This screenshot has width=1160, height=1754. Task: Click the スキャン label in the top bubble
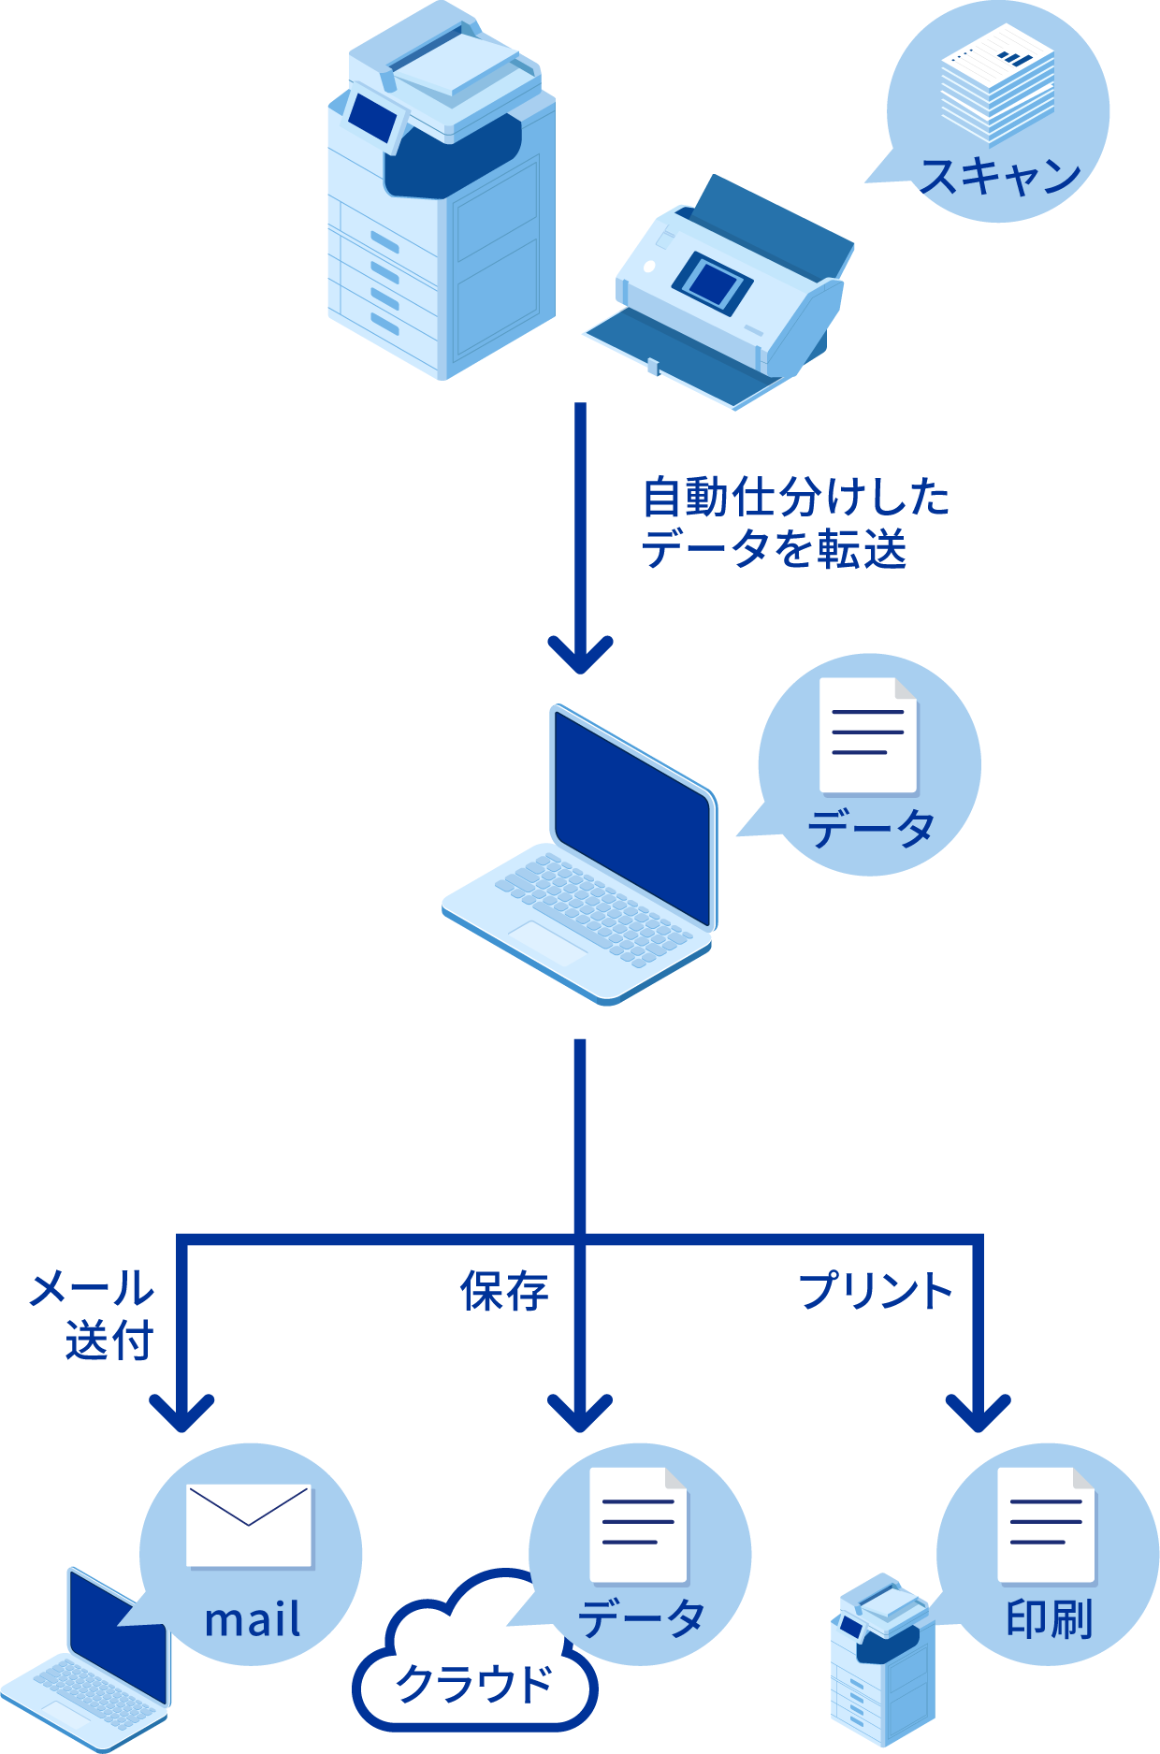click(999, 176)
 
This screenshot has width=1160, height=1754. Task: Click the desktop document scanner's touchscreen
click(714, 280)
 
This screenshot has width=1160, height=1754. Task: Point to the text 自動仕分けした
click(795, 497)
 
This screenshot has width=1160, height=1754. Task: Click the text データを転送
click(774, 549)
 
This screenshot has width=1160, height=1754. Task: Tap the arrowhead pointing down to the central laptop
click(580, 655)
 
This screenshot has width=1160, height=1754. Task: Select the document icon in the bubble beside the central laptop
click(868, 735)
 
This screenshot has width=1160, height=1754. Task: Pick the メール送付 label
click(94, 1315)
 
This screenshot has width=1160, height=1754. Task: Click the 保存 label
click(504, 1292)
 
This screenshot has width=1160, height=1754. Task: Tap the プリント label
click(875, 1292)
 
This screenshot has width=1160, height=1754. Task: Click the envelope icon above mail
click(249, 1525)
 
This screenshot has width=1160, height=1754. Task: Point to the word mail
click(253, 1620)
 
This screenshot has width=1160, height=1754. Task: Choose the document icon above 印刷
click(1046, 1525)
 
